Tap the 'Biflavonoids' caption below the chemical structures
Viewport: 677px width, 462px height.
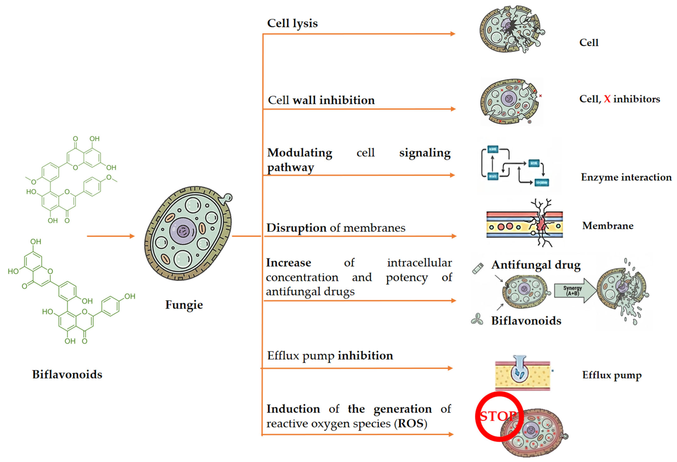(x=67, y=374)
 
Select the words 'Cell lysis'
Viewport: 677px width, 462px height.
(x=292, y=23)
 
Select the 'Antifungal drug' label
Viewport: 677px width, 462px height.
(x=536, y=265)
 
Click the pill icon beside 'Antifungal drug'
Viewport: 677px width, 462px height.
(x=478, y=268)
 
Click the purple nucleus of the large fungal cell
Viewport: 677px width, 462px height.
(x=183, y=231)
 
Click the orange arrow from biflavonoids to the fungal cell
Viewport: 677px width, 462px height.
(x=111, y=236)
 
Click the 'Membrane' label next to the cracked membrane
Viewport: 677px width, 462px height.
(x=608, y=226)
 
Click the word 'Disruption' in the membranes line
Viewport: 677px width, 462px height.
(x=296, y=228)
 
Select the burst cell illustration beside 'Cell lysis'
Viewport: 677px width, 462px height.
(x=511, y=29)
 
